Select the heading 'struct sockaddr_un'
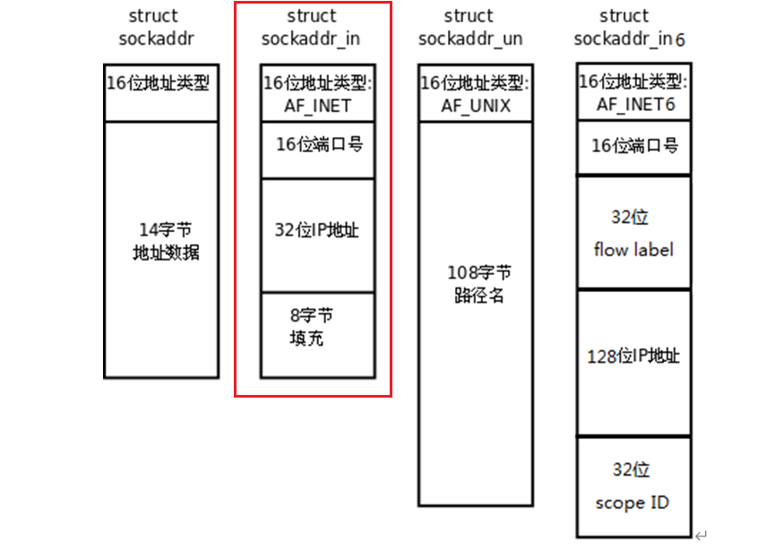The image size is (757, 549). (469, 28)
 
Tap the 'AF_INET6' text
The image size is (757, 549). (636, 104)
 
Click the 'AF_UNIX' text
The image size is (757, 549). (476, 105)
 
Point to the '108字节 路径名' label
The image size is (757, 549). (479, 283)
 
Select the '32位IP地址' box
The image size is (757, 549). (318, 235)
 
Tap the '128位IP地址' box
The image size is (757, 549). (633, 362)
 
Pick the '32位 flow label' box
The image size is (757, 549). (633, 233)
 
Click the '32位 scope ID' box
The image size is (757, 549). (633, 486)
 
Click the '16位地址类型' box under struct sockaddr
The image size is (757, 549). (160, 93)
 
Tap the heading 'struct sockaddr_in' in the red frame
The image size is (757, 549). (313, 28)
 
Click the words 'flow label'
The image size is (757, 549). (633, 249)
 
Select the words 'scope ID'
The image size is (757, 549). (632, 502)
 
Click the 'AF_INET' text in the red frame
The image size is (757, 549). (318, 105)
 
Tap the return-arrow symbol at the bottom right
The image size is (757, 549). (701, 536)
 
